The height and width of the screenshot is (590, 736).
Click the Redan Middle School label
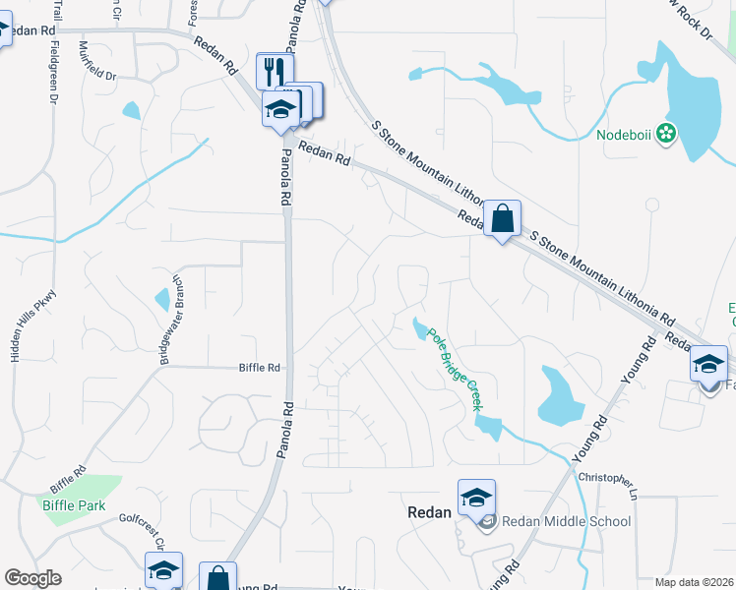[566, 521]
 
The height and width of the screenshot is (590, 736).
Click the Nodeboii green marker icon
[667, 134]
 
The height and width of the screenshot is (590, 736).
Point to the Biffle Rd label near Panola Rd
[260, 368]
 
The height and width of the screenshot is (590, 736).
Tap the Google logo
[32, 578]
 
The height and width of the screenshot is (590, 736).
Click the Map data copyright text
[694, 582]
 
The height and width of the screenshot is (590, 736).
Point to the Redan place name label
[430, 512]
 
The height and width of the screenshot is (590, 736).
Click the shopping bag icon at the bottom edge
[217, 578]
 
